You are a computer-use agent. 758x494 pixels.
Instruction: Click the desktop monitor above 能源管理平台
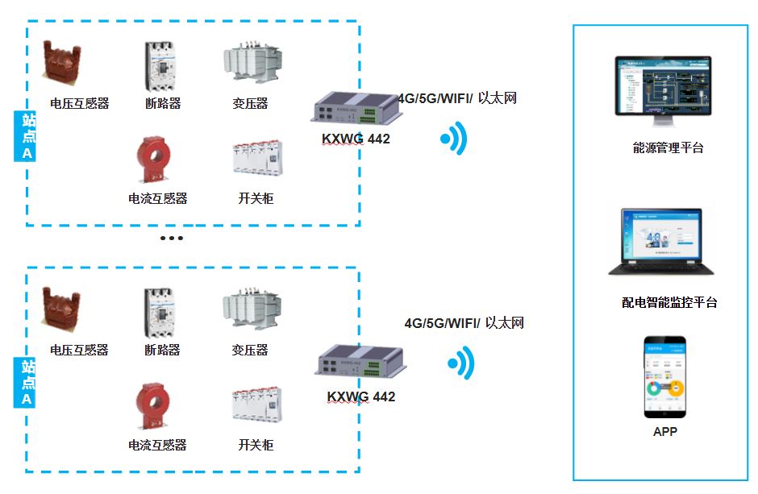[663, 88]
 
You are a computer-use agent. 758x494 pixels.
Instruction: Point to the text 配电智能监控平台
[669, 303]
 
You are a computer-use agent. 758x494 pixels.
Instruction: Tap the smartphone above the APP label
[664, 377]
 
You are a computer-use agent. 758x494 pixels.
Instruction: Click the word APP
[665, 432]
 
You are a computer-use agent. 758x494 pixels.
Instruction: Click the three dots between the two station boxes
[172, 239]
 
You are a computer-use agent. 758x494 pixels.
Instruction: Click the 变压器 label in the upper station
[250, 103]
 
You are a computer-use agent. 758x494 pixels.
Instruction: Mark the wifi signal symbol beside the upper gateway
[455, 139]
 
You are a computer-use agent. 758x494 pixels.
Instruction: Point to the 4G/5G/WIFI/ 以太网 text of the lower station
[464, 323]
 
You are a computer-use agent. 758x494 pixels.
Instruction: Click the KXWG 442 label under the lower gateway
[361, 397]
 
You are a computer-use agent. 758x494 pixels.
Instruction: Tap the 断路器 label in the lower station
[162, 350]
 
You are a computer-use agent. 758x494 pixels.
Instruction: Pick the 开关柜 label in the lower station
[256, 445]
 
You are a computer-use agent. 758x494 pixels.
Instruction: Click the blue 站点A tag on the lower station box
[27, 384]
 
